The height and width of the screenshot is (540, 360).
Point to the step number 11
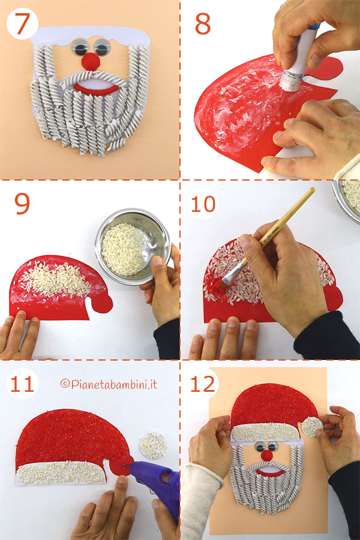tap(22, 385)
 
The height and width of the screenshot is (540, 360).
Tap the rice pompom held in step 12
tap(311, 427)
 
